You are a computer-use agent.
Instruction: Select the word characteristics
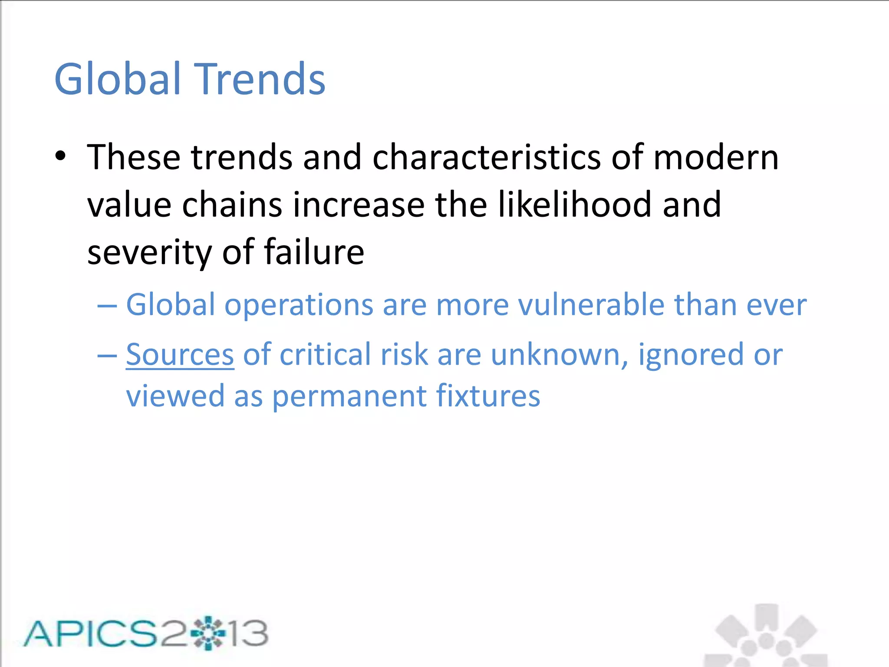(x=487, y=157)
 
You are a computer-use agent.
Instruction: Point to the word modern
(x=716, y=157)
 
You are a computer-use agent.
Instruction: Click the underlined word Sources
(x=180, y=355)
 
